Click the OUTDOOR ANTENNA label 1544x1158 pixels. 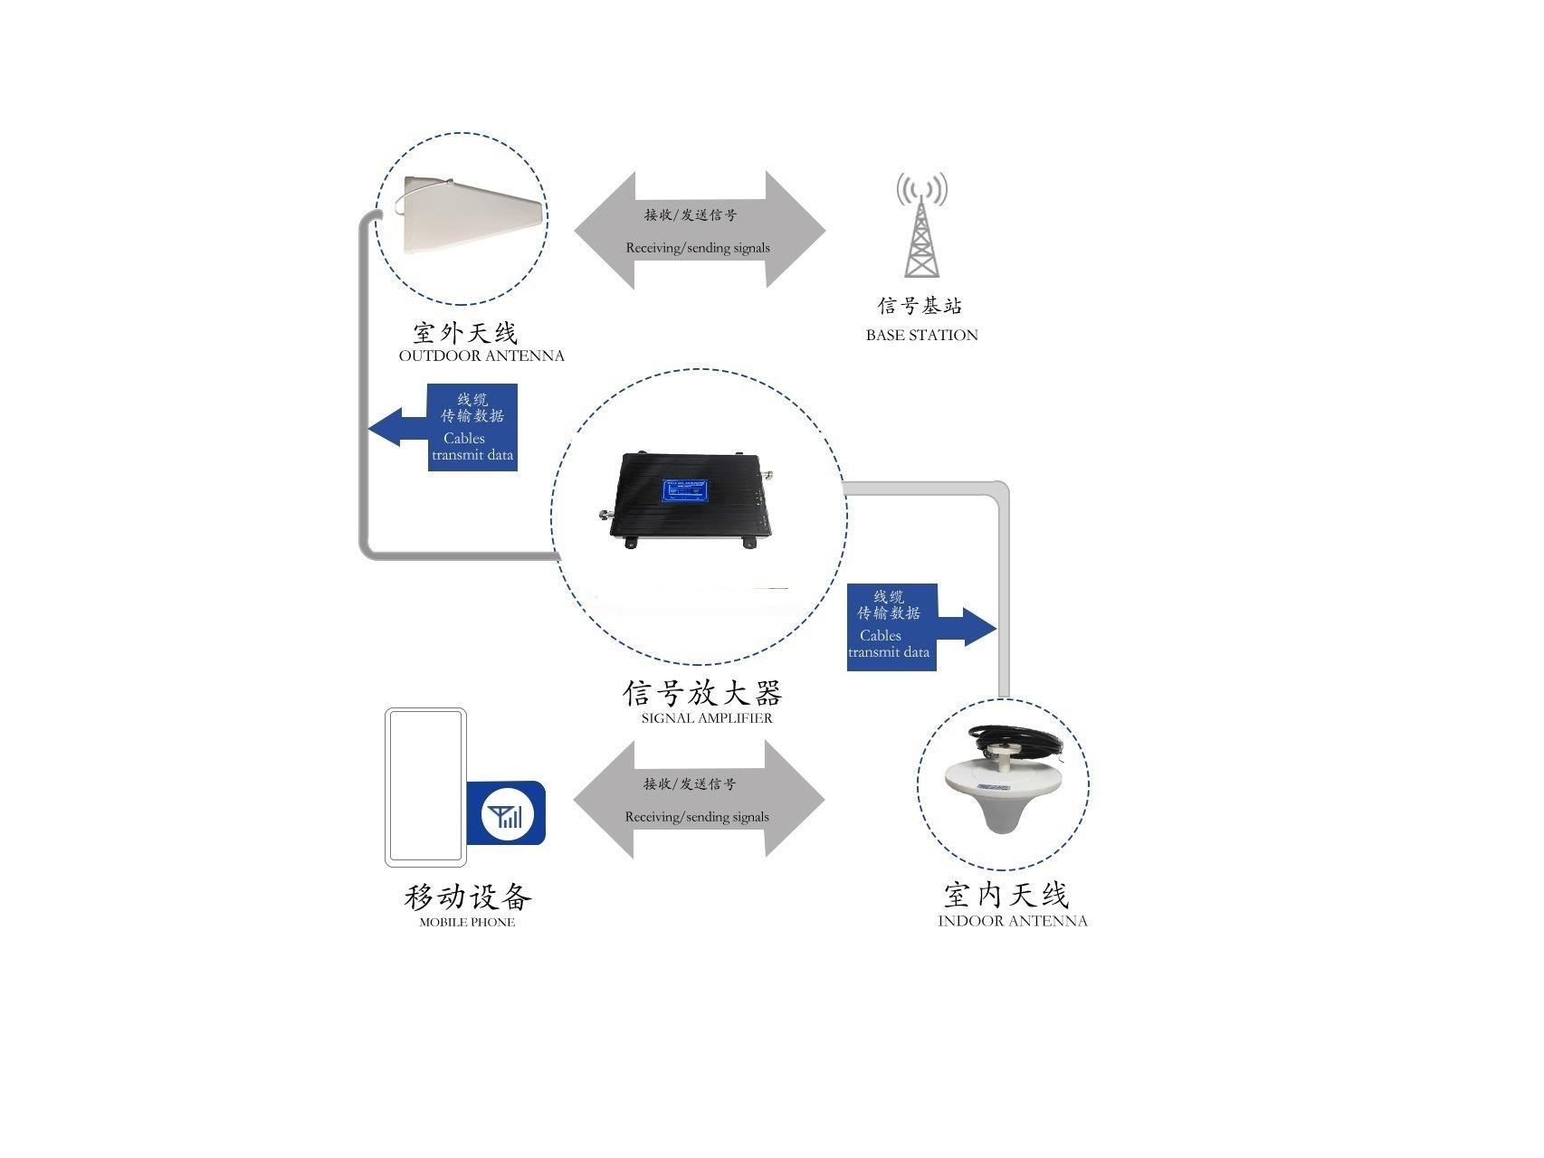[481, 356]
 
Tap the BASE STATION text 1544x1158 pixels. [921, 335]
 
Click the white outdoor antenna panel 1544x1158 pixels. [462, 217]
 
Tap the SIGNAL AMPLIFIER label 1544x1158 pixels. [707, 718]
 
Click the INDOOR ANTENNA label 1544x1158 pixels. [1012, 921]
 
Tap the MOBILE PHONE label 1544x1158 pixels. [467, 923]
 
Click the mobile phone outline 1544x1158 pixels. [425, 786]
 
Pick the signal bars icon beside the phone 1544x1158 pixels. [507, 814]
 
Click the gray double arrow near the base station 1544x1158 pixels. [700, 230]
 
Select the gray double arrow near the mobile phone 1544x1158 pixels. [699, 800]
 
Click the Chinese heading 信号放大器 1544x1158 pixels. [701, 693]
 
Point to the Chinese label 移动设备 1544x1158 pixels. [467, 897]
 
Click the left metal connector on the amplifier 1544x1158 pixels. [604, 516]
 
